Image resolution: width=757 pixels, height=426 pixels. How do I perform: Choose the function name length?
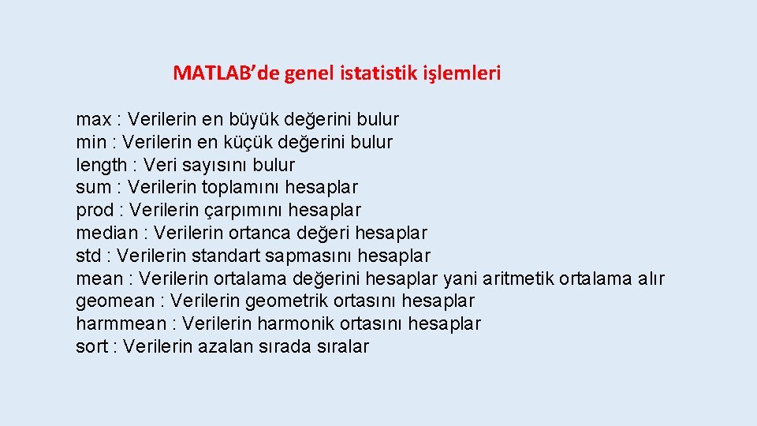pos(101,166)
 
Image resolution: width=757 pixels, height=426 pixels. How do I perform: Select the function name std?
pos(88,256)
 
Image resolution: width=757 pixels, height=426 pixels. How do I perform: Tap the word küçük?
pos(248,143)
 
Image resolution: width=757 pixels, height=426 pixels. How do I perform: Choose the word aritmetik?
pos(519,278)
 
